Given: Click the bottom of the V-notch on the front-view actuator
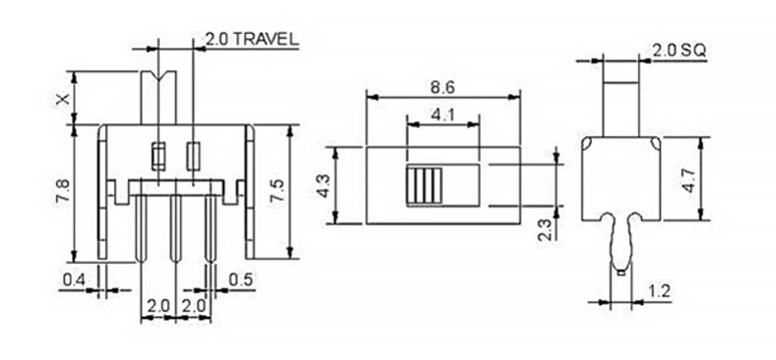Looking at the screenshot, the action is click(x=158, y=81).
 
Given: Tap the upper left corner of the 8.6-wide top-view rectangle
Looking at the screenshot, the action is click(x=366, y=147).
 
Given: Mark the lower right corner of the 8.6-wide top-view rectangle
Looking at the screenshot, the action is click(x=520, y=223).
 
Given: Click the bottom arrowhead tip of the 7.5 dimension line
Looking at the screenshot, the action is click(x=289, y=258).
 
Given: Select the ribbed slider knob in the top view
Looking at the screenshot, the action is click(x=424, y=185).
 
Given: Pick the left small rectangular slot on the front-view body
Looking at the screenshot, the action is click(x=158, y=156).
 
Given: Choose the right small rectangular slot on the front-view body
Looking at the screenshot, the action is click(x=192, y=156).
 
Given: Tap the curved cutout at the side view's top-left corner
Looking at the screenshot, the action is click(x=586, y=144).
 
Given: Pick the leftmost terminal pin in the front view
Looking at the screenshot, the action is click(x=140, y=228).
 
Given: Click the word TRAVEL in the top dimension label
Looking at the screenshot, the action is click(x=265, y=40).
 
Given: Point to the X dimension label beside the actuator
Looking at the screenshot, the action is click(x=63, y=99).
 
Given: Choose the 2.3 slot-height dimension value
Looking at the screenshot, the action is click(x=546, y=230).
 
